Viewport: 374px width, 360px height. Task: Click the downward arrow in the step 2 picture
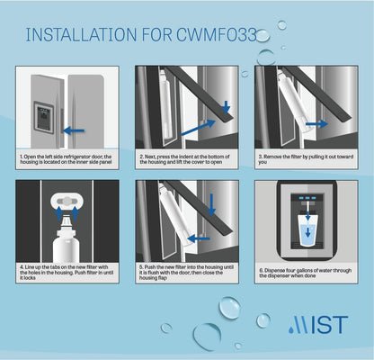tap(225, 109)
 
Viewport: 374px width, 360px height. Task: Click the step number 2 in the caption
tap(141, 156)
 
